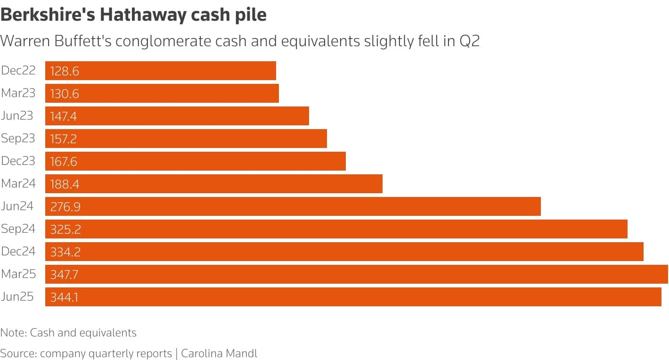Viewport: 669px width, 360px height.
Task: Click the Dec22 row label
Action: pyautogui.click(x=18, y=71)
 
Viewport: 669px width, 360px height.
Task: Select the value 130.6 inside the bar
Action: pyautogui.click(x=65, y=94)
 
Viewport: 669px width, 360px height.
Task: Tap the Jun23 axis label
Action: pyautogui.click(x=17, y=116)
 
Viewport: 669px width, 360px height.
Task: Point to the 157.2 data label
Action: pyautogui.click(x=64, y=139)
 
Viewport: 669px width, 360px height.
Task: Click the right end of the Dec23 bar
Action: pyautogui.click(x=344, y=161)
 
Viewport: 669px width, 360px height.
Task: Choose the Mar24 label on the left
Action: pyautogui.click(x=18, y=184)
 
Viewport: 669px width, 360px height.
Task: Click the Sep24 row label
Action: pyautogui.click(x=18, y=229)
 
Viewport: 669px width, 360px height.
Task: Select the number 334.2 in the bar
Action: pyautogui.click(x=65, y=252)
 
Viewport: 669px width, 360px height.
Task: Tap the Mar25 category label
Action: pyautogui.click(x=18, y=274)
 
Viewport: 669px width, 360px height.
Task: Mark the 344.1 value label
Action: pyautogui.click(x=64, y=297)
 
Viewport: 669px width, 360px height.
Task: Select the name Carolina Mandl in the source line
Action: pyautogui.click(x=219, y=353)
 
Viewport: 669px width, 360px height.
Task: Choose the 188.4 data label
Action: pyautogui.click(x=65, y=184)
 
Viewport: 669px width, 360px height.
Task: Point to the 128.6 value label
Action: pyautogui.click(x=65, y=71)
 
